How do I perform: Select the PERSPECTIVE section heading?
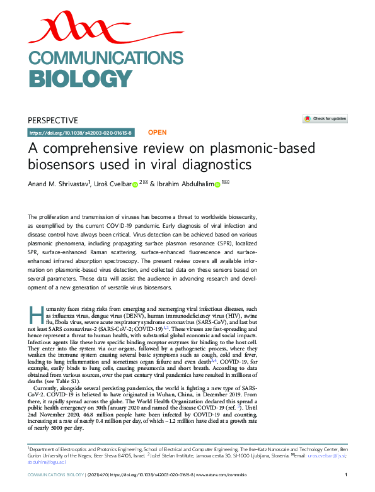[53, 120]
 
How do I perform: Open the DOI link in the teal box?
[81, 133]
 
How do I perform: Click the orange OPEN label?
[157, 133]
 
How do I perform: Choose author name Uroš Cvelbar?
[112, 184]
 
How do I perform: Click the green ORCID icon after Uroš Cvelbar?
[135, 184]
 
